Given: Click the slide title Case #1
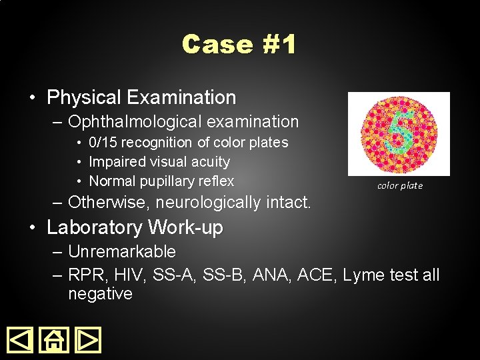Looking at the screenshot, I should point(239,45).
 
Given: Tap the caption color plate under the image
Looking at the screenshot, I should point(400,185).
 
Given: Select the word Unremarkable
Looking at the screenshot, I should point(122,251).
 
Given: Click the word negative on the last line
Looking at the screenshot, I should point(100,293).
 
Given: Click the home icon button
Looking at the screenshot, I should point(54,340).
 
